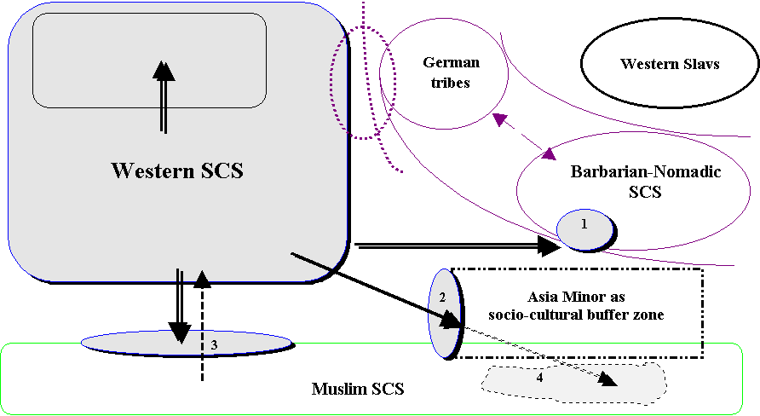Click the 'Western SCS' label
point(177,170)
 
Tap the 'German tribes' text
point(451,72)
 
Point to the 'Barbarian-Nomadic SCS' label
point(645,182)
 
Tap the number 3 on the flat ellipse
point(215,344)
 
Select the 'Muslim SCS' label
point(357,390)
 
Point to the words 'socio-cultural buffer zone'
point(576,315)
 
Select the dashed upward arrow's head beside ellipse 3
point(202,279)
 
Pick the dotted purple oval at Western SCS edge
point(364,81)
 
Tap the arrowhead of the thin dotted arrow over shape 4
point(607,380)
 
